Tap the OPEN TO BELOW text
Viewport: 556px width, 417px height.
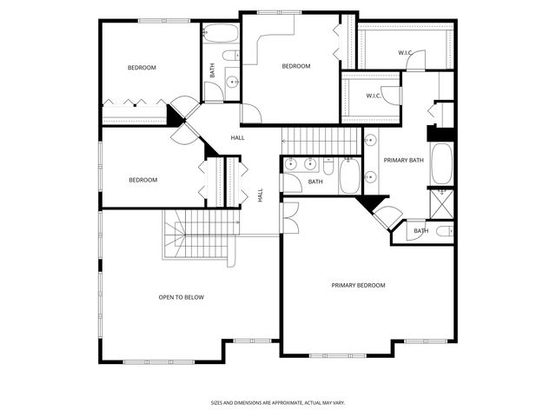click(x=181, y=297)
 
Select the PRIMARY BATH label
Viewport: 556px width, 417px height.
click(x=403, y=160)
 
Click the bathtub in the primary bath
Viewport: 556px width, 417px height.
click(x=440, y=164)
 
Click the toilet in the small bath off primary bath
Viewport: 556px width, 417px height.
click(x=442, y=231)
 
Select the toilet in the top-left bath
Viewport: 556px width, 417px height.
click(x=230, y=56)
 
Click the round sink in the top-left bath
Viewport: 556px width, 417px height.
click(x=232, y=83)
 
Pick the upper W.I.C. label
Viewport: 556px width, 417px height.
click(x=405, y=53)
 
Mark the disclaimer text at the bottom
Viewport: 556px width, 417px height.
click(x=277, y=402)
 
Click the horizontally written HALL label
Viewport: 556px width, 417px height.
click(x=237, y=138)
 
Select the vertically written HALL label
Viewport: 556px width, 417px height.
click(x=261, y=195)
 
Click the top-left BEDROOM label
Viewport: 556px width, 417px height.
click(x=142, y=68)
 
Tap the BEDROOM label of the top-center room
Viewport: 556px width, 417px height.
click(x=295, y=66)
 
